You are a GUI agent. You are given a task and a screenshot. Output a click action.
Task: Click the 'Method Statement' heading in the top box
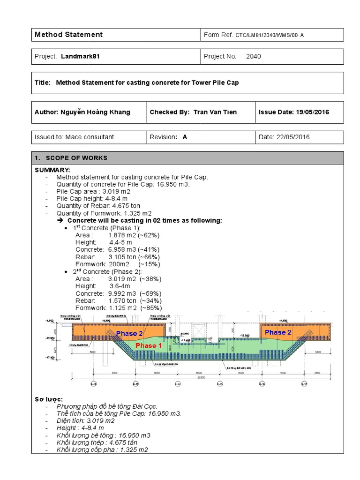(69, 35)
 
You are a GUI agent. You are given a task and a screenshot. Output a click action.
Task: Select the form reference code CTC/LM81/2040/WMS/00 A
(266, 35)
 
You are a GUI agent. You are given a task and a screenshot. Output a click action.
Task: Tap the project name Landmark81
(80, 56)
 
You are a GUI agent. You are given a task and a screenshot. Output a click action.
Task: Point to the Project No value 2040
(253, 56)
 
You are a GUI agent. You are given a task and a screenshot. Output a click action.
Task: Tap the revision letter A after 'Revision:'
(185, 137)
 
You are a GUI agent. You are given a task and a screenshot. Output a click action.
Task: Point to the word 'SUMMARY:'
(52, 169)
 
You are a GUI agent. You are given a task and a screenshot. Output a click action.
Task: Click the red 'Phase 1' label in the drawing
(149, 345)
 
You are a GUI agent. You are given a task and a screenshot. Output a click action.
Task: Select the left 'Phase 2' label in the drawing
(129, 333)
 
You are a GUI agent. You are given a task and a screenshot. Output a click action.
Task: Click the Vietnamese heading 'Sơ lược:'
(49, 399)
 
